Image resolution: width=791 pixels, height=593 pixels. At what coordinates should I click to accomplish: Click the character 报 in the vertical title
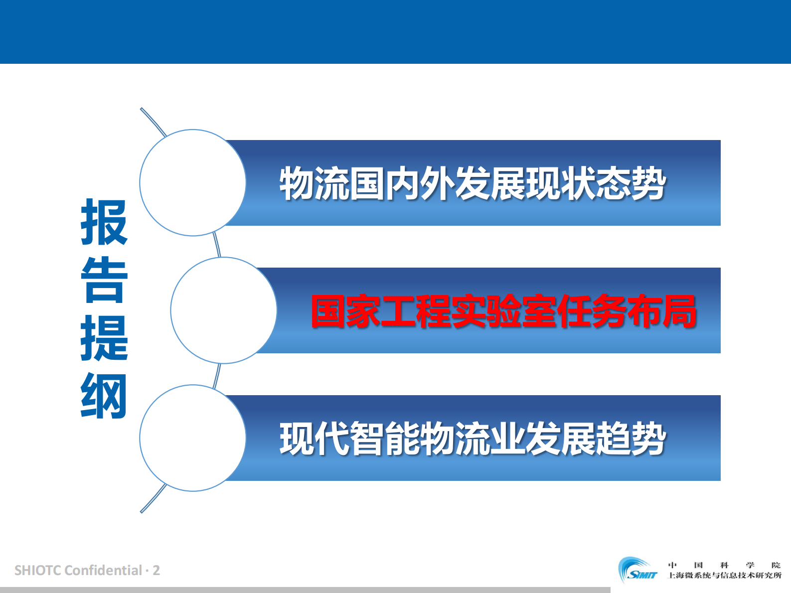pos(104,222)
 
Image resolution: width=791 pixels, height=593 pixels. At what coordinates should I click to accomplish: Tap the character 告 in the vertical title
pos(104,280)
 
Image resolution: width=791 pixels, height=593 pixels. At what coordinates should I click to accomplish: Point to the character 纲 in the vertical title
pos(104,396)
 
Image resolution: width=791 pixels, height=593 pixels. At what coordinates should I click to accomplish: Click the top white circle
pos(193,182)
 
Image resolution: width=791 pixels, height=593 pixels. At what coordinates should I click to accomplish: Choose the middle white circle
pos(224,310)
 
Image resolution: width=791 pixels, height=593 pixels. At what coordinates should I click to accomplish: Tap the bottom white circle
pos(193,438)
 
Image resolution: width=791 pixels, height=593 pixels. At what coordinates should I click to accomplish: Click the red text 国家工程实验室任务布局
pos(503,311)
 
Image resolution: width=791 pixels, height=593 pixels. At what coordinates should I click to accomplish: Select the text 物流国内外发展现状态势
pos(473,183)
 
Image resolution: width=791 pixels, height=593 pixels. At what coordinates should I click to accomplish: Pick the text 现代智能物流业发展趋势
pos(473,439)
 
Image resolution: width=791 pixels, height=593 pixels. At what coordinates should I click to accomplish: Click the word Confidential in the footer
pos(103,570)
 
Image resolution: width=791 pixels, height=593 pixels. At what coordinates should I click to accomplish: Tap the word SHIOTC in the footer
pos(38,570)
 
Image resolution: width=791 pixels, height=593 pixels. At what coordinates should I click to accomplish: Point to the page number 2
pos(157,570)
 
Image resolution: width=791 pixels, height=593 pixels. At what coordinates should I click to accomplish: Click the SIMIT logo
pos(638,571)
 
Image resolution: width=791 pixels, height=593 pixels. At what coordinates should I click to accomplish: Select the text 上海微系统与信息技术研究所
pos(725,576)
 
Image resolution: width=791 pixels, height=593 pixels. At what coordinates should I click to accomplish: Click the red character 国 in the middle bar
pos(328,311)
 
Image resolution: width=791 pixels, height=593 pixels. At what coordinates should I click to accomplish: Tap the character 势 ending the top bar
pos(648,183)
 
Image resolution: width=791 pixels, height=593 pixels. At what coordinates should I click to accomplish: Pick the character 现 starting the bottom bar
pos(297,439)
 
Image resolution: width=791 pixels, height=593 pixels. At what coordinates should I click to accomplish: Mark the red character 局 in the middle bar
pos(679,311)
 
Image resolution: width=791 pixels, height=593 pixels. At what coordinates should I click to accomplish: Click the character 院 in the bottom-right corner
pos(776,565)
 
